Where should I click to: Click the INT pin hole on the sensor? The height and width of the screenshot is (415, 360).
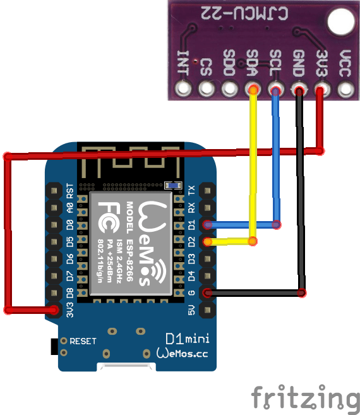tap(184, 90)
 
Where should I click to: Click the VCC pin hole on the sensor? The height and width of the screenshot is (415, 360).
tap(345, 90)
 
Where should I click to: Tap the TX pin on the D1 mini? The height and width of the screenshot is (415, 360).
tap(207, 189)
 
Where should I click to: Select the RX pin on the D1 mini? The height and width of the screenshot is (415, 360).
tap(207, 207)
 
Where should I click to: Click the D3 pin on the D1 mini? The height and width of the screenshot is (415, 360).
tap(207, 258)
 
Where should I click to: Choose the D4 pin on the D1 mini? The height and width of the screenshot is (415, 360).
tap(207, 275)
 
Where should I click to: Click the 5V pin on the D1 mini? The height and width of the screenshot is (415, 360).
tap(207, 309)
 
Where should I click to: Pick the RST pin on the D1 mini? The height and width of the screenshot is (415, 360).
tap(53, 189)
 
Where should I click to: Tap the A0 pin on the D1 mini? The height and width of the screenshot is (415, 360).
tap(53, 207)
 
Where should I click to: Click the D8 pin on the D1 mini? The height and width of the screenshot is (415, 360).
tap(53, 292)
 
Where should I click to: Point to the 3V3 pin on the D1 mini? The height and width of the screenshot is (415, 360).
tap(53, 309)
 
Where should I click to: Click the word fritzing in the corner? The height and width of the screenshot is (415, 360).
tap(304, 397)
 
